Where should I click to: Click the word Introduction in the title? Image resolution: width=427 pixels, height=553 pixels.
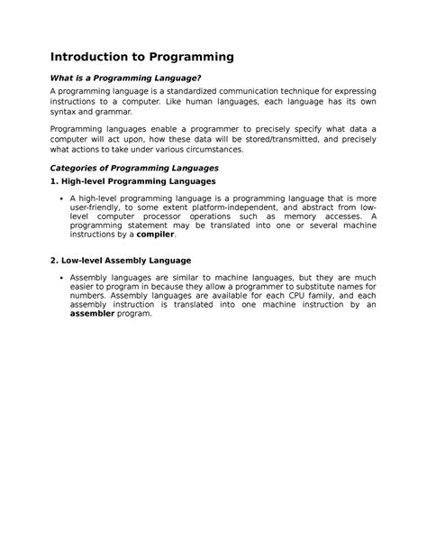coord(91,57)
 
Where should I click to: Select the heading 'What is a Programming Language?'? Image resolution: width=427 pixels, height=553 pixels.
coord(123,81)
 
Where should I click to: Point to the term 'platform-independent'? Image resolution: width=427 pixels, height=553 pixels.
coord(241,207)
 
